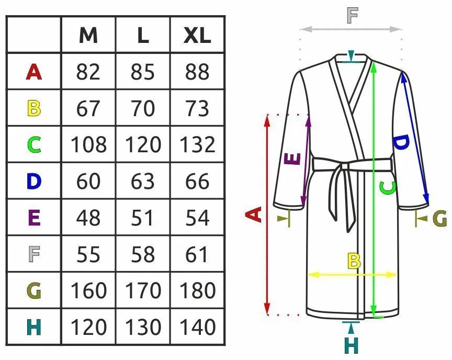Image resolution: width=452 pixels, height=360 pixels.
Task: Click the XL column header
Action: (x=197, y=36)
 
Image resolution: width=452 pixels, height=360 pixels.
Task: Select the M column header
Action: (x=88, y=36)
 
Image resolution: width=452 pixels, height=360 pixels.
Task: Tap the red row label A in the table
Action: (x=33, y=72)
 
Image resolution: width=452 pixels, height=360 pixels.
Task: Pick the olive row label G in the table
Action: (x=33, y=290)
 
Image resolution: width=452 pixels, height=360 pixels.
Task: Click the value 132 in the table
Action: (x=197, y=144)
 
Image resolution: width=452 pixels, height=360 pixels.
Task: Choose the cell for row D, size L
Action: (x=143, y=181)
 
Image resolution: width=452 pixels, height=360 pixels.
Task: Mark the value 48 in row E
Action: (x=88, y=218)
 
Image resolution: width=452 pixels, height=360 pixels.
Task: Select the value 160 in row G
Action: (x=88, y=290)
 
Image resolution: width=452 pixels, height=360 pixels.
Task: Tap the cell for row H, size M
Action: (x=88, y=327)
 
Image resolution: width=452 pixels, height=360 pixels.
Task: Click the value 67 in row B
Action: (x=88, y=108)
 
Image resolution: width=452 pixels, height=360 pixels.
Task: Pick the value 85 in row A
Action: (x=143, y=72)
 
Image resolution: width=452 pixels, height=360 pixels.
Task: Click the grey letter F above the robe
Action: (x=353, y=15)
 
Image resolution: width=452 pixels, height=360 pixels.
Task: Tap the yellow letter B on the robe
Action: (x=354, y=261)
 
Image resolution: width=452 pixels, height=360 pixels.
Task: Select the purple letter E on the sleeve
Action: (x=292, y=159)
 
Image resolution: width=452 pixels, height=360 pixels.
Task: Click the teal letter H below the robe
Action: (x=352, y=345)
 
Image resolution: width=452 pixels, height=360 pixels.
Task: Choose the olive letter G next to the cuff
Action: (x=440, y=219)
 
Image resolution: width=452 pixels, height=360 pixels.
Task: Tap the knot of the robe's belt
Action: (x=345, y=166)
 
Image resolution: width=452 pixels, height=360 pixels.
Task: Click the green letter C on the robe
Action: (x=388, y=188)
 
